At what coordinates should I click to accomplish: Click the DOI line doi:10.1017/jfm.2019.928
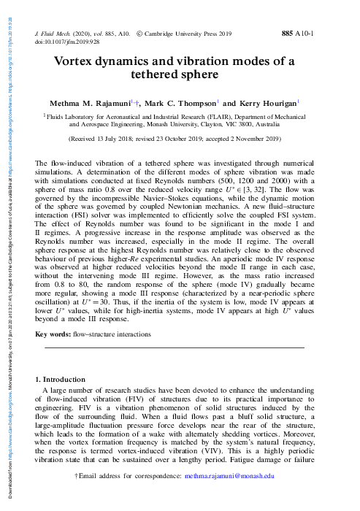(x=68, y=42)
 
